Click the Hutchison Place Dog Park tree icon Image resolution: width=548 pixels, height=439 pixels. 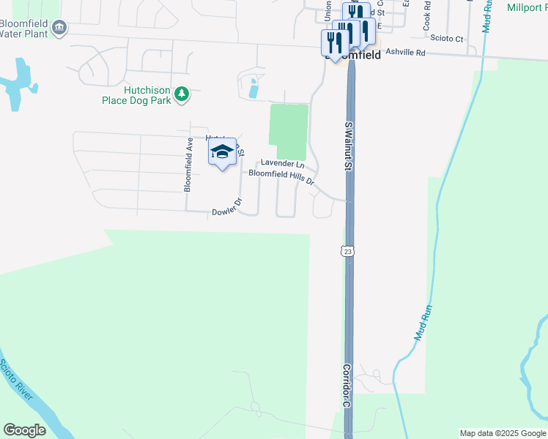[182, 94]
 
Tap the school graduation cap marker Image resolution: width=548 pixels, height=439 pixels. [222, 152]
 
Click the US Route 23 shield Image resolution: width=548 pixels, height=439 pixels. [348, 251]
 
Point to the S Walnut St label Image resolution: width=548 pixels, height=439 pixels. [349, 146]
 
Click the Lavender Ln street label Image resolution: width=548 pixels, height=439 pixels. [282, 164]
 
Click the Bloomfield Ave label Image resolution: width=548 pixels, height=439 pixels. [188, 165]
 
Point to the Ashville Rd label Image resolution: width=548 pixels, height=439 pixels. [405, 53]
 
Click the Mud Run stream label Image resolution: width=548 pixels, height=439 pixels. [423, 323]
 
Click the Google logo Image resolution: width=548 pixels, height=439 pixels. [24, 430]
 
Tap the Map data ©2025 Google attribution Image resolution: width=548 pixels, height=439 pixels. [502, 433]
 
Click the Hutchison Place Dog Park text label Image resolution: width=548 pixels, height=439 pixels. [136, 94]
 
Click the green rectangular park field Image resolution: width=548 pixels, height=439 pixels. [289, 124]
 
